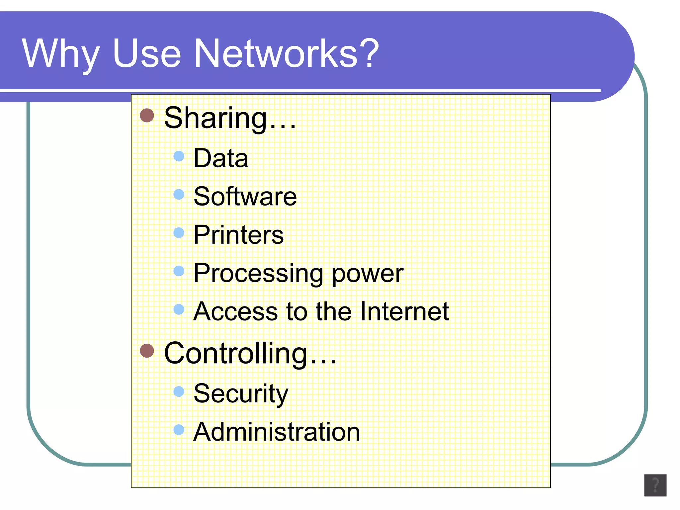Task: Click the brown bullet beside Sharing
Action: tap(147, 116)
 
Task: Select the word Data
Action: tap(221, 158)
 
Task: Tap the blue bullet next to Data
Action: tap(179, 156)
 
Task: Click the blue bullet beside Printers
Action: tap(179, 233)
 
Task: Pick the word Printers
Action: tap(238, 235)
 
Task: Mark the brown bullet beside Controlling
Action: tap(147, 351)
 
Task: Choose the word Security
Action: tap(241, 394)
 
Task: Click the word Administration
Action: tap(277, 432)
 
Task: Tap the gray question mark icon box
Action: tap(655, 485)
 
